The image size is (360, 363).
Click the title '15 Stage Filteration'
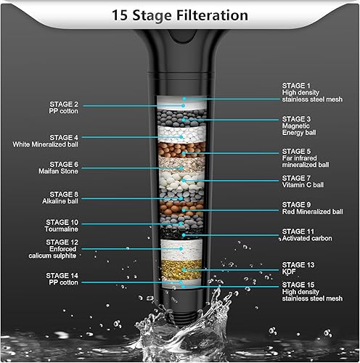pos(179,15)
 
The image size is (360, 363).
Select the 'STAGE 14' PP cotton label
pos(62,280)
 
